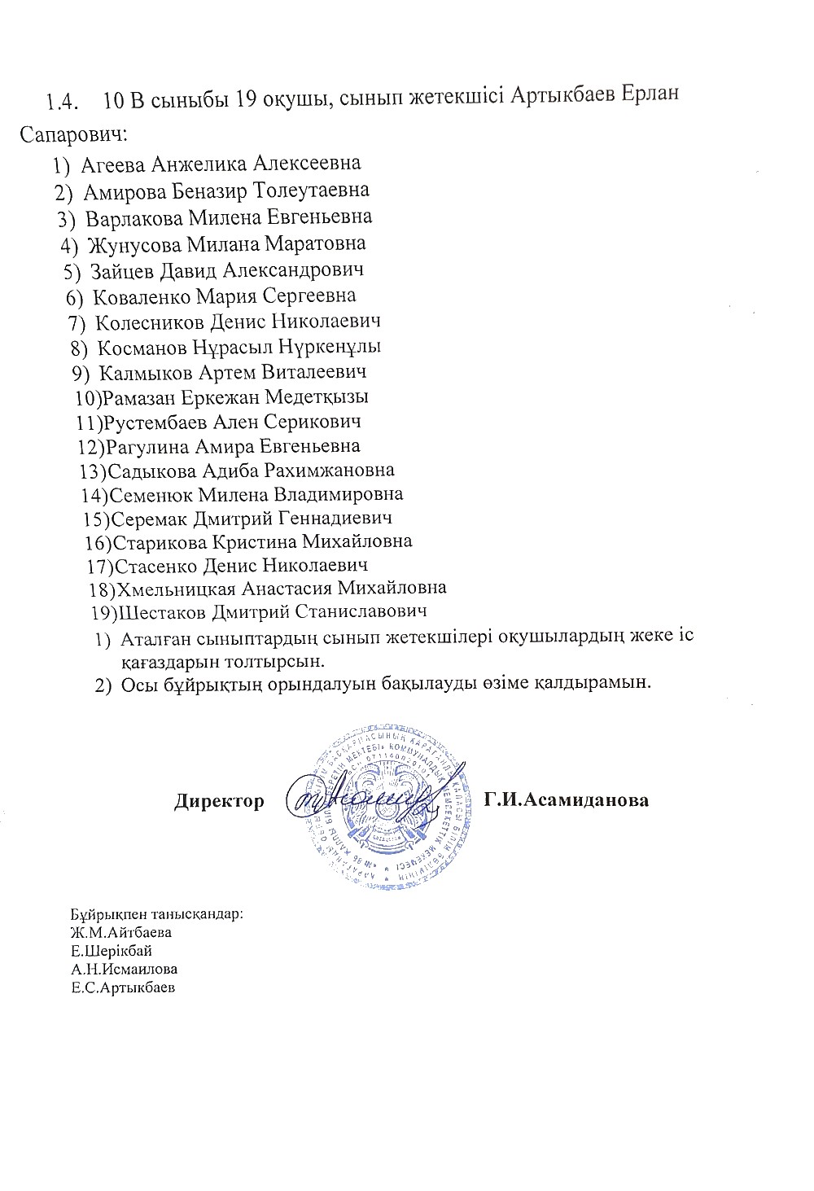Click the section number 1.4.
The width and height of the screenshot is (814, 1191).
[x=62, y=102]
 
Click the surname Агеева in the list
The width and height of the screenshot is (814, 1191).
[x=113, y=164]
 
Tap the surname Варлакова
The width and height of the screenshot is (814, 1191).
[x=135, y=218]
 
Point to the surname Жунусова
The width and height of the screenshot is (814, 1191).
[x=135, y=244]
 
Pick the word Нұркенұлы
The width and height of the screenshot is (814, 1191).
[x=330, y=347]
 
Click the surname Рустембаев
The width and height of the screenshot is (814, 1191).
[x=154, y=422]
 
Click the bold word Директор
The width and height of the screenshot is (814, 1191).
[x=219, y=801]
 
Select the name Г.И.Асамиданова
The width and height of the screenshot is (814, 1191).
[x=566, y=801]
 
